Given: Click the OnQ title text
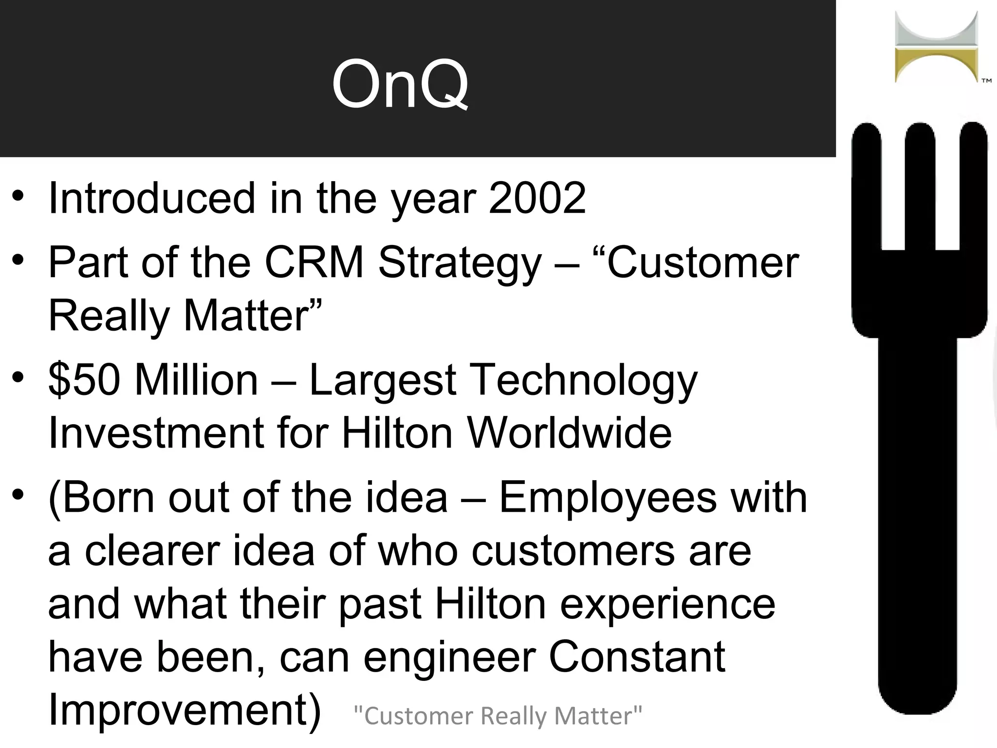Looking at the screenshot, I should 400,84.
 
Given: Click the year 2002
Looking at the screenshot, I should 537,198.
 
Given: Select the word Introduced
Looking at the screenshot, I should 152,198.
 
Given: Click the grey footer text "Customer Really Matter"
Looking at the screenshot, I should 498,716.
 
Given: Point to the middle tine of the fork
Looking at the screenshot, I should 920,185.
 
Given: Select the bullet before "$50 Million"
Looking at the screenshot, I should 18,378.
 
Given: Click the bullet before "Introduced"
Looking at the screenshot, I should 18,196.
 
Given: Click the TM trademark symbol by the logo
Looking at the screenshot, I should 986,81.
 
